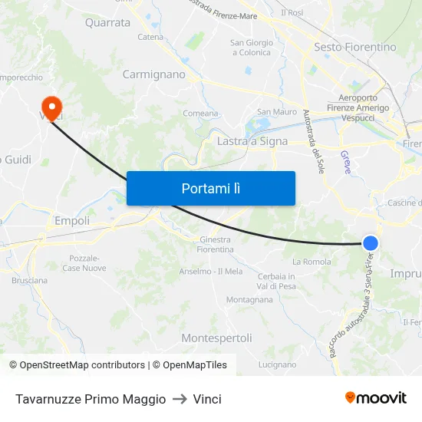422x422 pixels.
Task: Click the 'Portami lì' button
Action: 210,188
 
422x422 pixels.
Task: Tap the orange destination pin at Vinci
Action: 52,107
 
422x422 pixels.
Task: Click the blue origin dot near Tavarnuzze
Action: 371,243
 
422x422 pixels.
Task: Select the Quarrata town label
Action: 107,22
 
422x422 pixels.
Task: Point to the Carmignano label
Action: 154,74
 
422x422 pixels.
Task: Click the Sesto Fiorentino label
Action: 355,47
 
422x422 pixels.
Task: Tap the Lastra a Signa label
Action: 252,141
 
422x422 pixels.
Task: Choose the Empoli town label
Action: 72,221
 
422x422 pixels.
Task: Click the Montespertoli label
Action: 216,338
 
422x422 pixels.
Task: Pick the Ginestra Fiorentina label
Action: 215,245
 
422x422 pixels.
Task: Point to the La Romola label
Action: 312,262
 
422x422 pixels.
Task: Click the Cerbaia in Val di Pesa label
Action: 277,281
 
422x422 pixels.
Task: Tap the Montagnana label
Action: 249,299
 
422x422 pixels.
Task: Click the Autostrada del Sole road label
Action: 313,140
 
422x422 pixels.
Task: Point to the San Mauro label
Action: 277,112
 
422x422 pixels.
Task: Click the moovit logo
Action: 375,398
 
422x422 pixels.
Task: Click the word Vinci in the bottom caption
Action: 207,399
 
